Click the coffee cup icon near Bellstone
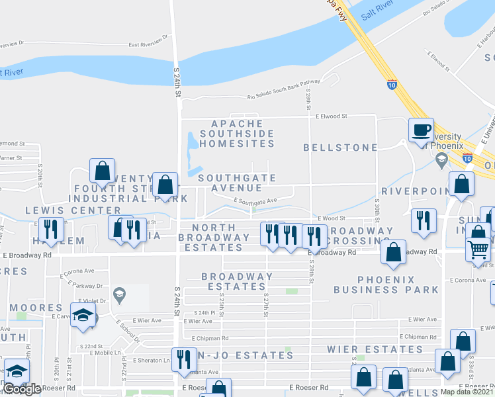point(421,129)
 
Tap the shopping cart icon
point(478,249)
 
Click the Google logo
point(22,389)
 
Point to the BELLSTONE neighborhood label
point(340,148)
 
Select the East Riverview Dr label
point(152,45)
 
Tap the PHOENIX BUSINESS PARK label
point(386,285)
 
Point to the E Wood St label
point(332,217)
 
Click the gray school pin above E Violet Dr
point(119,293)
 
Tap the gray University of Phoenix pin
point(441,159)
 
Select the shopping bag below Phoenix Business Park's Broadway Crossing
point(393,252)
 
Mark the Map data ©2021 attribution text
point(467,392)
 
